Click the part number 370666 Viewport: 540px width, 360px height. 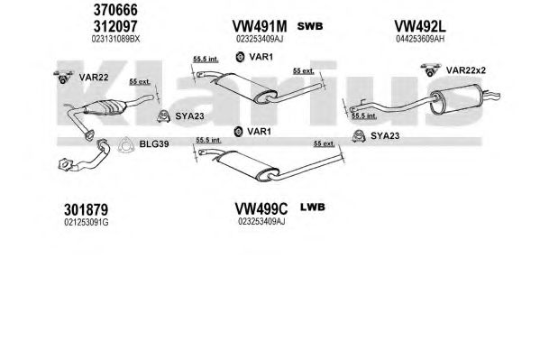(x=115, y=10)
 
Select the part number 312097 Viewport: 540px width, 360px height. (x=115, y=26)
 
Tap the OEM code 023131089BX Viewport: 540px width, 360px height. (x=115, y=39)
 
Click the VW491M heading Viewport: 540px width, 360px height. (x=260, y=26)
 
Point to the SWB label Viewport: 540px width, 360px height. (x=310, y=26)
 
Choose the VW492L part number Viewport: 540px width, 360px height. (x=420, y=26)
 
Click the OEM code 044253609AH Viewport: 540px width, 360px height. (x=420, y=39)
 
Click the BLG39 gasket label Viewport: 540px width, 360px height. (x=154, y=144)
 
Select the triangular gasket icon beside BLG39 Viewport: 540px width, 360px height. (x=125, y=145)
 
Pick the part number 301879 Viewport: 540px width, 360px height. (x=87, y=209)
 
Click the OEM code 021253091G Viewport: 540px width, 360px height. (x=87, y=223)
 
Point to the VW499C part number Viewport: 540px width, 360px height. (x=261, y=208)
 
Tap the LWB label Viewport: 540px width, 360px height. (x=313, y=207)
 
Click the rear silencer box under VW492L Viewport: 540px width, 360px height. (x=455, y=98)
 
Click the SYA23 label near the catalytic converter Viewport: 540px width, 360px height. (x=189, y=116)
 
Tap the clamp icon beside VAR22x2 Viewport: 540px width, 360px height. (x=431, y=69)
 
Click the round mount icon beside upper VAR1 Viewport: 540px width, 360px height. (x=240, y=57)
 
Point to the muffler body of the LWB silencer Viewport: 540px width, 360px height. (x=247, y=163)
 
